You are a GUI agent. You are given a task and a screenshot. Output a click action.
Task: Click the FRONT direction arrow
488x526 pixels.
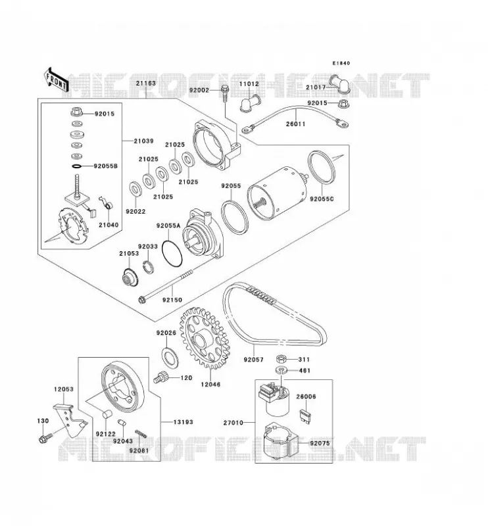(x=56, y=80)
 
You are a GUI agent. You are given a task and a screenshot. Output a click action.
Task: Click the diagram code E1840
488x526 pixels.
(x=341, y=63)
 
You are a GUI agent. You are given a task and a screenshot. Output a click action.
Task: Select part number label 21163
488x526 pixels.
(x=145, y=84)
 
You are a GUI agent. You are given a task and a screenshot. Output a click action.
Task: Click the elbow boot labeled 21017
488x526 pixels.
(x=339, y=84)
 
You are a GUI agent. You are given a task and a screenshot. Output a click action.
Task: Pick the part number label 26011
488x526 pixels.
(x=296, y=124)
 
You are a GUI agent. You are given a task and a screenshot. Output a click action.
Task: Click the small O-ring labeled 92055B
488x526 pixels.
(x=77, y=166)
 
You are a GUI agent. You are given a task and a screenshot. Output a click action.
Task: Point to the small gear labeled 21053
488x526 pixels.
(x=130, y=276)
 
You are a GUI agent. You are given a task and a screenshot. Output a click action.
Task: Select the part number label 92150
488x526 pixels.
(x=172, y=300)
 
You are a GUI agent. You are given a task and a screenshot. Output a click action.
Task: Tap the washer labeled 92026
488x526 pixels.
(x=170, y=358)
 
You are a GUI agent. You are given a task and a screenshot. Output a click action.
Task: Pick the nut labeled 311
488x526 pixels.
(x=281, y=359)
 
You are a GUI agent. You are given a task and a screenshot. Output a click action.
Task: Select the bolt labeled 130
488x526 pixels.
(x=45, y=438)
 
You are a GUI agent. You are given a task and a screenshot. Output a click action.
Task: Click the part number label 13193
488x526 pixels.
(x=183, y=422)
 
